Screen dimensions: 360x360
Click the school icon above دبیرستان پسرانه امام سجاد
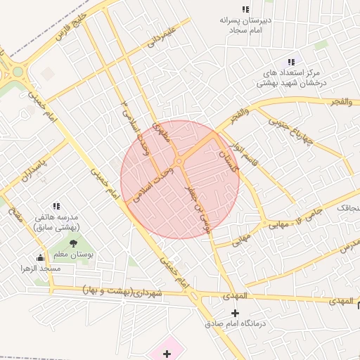point(245,9)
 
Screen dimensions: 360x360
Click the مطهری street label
point(162,133)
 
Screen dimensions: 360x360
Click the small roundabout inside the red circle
point(179,162)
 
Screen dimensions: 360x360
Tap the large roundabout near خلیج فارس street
point(15,71)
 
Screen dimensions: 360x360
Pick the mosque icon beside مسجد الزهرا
point(40,257)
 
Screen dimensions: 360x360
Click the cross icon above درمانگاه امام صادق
point(235,313)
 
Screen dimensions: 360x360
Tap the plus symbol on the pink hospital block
point(167,353)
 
